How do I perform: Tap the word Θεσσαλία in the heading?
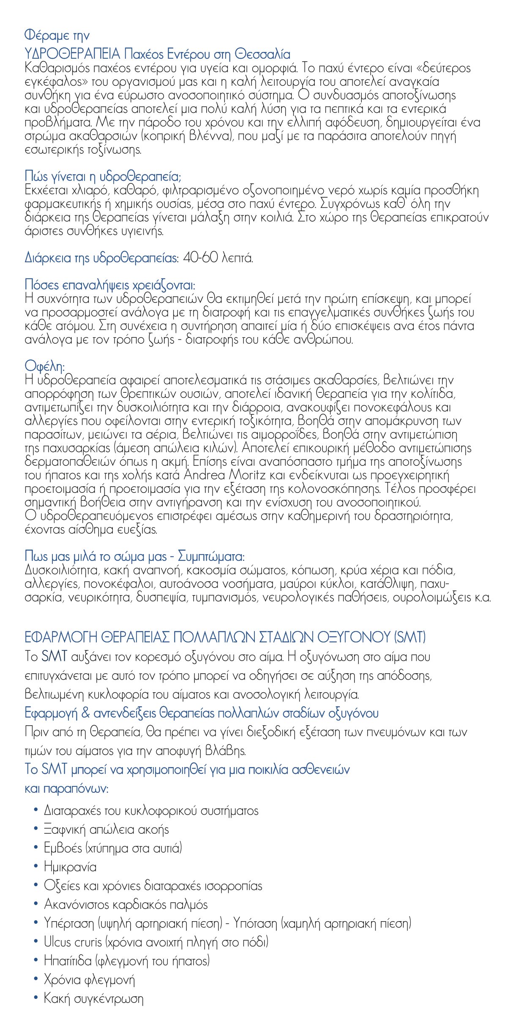pos(262,54)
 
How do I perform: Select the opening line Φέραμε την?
pos(57,35)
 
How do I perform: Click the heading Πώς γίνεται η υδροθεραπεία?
pos(103,176)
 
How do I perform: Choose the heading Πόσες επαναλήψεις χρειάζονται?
pos(110,285)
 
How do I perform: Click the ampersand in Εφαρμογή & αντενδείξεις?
pos(86,713)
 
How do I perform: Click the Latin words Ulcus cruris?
pos(73,942)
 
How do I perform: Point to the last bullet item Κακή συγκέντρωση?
pos(93,998)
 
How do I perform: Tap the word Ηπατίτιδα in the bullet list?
pos(68,961)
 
